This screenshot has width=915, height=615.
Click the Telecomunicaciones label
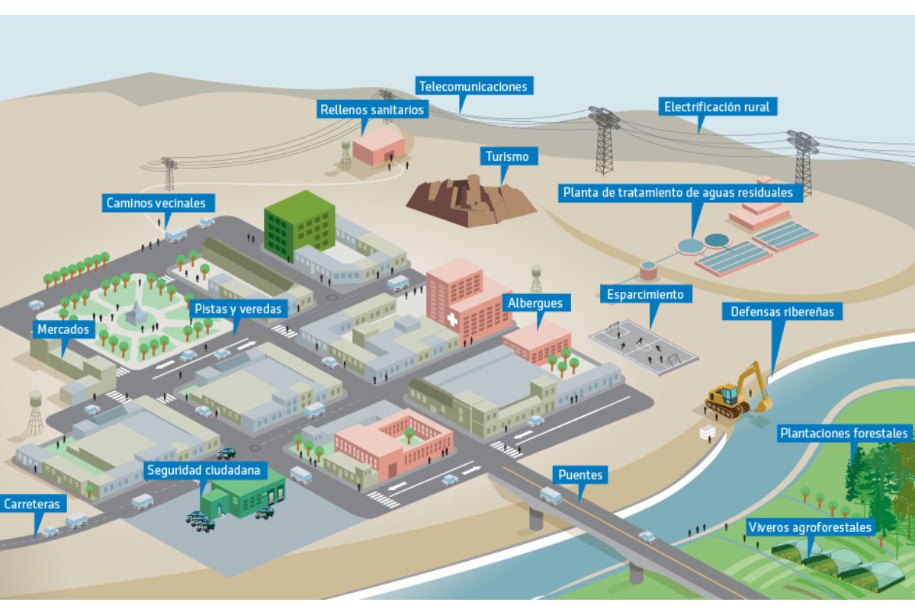[x=474, y=86]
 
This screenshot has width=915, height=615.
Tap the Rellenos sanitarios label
[x=372, y=110]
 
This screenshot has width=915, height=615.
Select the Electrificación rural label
[x=718, y=107]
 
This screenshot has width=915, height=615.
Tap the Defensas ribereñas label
[x=782, y=312]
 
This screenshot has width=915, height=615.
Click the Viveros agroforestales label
[x=811, y=527]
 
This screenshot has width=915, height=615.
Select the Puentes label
[x=580, y=475]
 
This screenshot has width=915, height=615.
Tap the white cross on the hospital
[x=451, y=319]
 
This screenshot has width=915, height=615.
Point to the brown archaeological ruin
[x=471, y=201]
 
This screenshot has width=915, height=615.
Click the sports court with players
[x=644, y=347]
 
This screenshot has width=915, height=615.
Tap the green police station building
[x=242, y=494]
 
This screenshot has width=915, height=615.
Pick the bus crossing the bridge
[x=551, y=496]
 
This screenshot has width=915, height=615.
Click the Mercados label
[x=63, y=329]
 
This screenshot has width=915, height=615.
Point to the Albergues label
[x=536, y=303]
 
